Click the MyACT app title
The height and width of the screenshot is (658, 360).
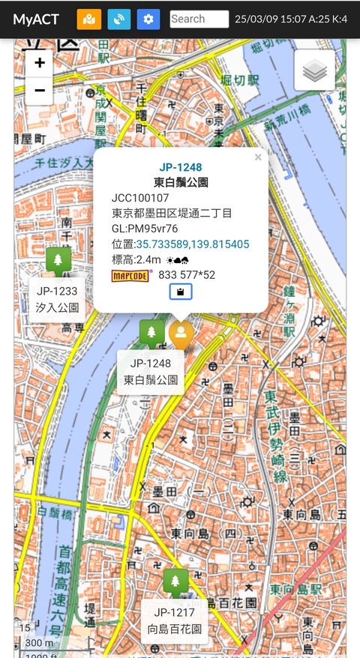tap(36, 19)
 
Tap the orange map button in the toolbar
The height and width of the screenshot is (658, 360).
tap(88, 19)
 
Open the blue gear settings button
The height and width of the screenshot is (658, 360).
tap(148, 19)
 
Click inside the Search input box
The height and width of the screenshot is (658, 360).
tap(199, 19)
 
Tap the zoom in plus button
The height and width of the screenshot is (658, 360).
tap(40, 63)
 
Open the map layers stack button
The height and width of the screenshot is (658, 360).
tap(315, 71)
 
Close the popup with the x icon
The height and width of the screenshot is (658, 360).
tap(258, 157)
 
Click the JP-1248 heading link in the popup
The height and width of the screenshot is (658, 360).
tap(181, 167)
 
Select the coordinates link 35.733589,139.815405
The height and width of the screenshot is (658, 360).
tap(193, 244)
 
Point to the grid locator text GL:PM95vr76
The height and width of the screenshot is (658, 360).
tap(145, 229)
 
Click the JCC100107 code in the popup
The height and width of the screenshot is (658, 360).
tap(140, 198)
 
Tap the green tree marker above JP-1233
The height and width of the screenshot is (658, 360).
tap(58, 260)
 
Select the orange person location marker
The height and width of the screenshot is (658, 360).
tap(181, 334)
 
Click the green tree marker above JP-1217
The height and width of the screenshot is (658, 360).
tap(175, 581)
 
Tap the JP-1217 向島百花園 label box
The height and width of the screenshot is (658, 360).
tap(175, 620)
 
